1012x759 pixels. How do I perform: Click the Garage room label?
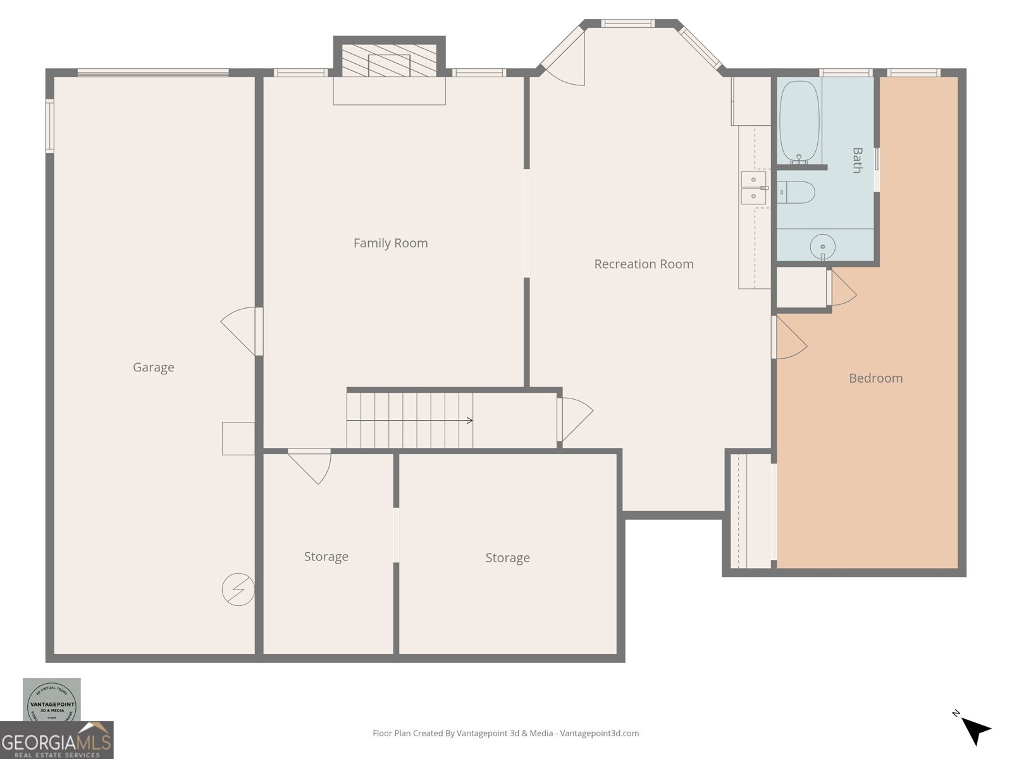click(153, 367)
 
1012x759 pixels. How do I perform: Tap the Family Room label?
click(390, 243)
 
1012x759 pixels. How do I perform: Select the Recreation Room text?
click(643, 264)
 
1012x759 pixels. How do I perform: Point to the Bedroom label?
click(875, 378)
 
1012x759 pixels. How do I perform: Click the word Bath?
click(857, 160)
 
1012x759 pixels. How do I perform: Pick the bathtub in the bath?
click(799, 121)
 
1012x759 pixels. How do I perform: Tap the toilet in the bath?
click(796, 192)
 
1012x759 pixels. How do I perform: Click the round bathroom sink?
click(822, 245)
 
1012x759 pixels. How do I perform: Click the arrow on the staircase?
click(469, 421)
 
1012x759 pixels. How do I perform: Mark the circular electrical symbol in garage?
click(238, 589)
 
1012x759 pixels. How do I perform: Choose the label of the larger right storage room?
click(507, 558)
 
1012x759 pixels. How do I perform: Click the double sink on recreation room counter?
click(753, 188)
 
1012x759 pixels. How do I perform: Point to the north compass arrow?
click(975, 731)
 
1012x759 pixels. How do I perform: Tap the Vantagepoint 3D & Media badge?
click(52, 701)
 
